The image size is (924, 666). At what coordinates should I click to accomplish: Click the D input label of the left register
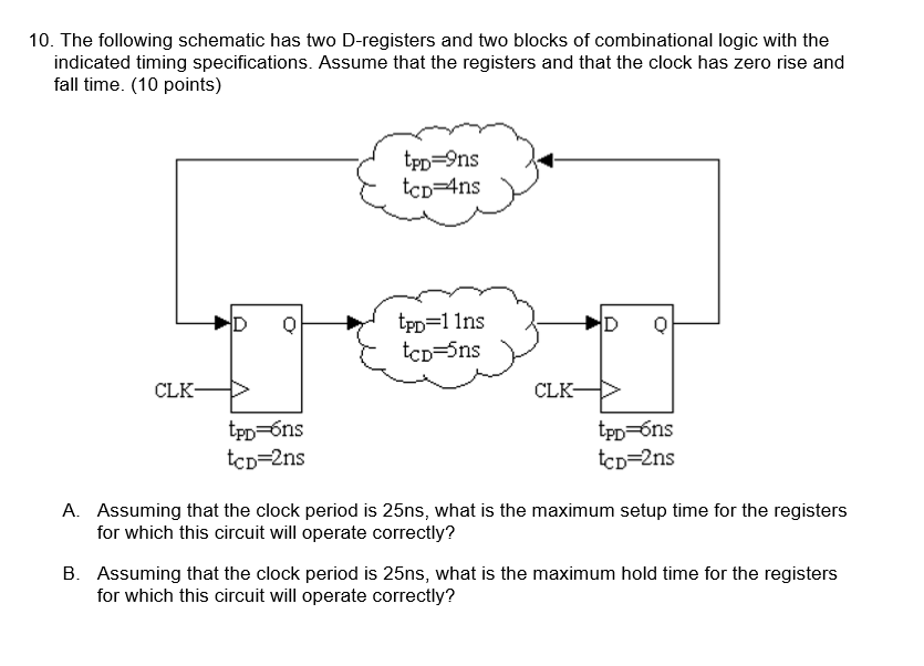[240, 324]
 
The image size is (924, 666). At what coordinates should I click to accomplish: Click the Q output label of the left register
[289, 325]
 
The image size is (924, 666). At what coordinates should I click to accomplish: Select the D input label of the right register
[610, 324]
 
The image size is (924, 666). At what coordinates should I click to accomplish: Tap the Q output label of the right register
[660, 325]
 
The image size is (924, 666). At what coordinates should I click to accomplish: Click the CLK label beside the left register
[173, 391]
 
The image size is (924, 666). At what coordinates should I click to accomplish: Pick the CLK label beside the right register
[553, 391]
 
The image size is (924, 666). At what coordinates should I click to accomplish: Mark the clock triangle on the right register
[610, 389]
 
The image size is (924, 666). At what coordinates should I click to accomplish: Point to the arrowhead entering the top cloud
[546, 160]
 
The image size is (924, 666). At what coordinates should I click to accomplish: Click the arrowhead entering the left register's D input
[222, 323]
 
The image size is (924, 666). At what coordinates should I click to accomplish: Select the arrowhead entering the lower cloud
[355, 323]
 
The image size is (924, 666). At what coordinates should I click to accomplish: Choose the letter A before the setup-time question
[70, 511]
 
